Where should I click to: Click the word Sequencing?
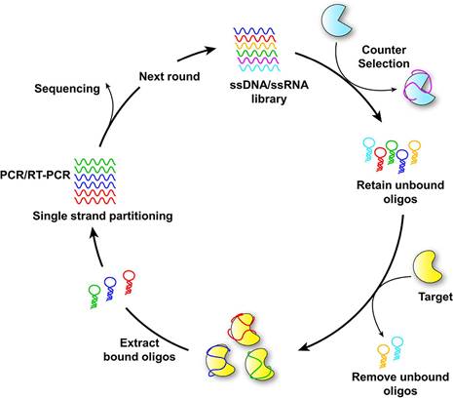click(x=67, y=89)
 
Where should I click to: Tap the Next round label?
click(x=170, y=76)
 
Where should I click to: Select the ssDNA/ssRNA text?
click(x=269, y=85)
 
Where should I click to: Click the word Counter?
click(x=384, y=50)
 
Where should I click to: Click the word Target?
click(x=435, y=297)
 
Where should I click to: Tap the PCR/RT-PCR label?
click(x=35, y=175)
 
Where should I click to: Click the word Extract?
click(x=139, y=342)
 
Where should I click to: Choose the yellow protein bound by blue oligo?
click(x=220, y=362)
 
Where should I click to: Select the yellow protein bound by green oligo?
click(x=261, y=364)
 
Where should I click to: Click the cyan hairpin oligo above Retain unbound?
click(x=368, y=149)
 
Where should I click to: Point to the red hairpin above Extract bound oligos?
click(x=130, y=282)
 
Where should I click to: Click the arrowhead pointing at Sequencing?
click(x=108, y=85)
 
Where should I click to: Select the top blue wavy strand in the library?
click(x=254, y=31)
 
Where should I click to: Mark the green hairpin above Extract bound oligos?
click(x=94, y=296)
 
